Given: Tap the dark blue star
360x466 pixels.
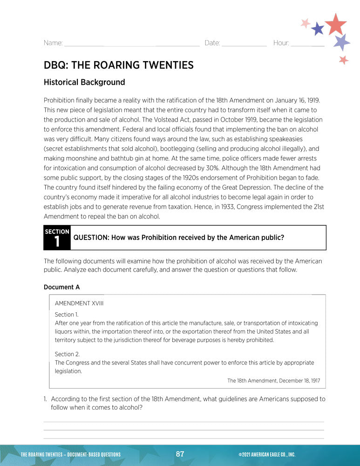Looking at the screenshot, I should (318, 29).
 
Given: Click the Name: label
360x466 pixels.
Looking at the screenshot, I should (53, 43).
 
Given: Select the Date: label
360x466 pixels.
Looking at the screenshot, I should (212, 43).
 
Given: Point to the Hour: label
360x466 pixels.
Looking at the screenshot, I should (281, 43).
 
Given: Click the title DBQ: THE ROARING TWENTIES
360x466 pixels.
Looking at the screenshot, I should (118, 65).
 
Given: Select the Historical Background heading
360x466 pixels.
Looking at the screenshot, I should (84, 82).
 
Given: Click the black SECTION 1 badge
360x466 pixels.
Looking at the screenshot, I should (57, 238).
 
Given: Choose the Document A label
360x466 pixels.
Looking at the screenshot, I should (61, 287).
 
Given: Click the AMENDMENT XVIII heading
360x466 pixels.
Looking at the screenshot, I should (79, 303).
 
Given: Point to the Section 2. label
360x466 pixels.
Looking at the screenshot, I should (67, 354).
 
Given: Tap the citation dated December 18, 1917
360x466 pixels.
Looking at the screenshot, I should (273, 381).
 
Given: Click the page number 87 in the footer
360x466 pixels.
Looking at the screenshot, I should (180, 454).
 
